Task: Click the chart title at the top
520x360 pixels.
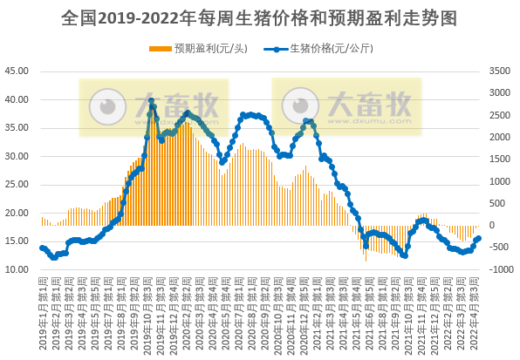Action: (260, 17)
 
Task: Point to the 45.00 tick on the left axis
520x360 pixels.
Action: (17, 71)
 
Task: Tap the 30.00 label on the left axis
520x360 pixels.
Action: (17, 156)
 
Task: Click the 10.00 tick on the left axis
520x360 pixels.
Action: (17, 269)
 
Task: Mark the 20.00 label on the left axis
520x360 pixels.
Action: (17, 213)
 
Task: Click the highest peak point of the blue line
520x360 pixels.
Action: (151, 101)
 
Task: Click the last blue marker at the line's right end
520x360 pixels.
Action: (478, 227)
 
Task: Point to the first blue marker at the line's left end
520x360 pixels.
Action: (42, 248)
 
